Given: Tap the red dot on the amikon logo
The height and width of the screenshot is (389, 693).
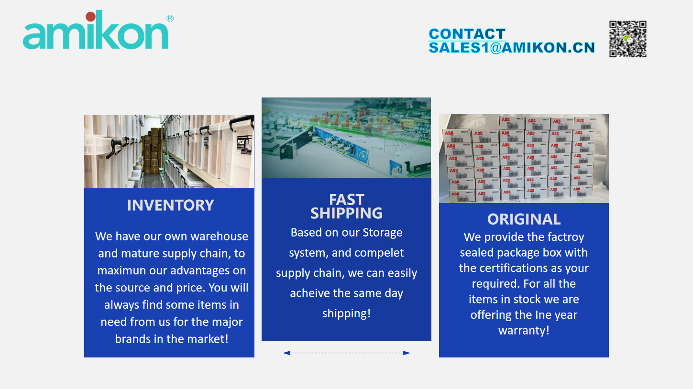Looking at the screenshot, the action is pyautogui.click(x=91, y=16).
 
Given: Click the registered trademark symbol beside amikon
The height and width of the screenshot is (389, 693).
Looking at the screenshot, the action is pyautogui.click(x=170, y=19).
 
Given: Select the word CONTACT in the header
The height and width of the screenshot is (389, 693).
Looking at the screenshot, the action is pyautogui.click(x=467, y=34).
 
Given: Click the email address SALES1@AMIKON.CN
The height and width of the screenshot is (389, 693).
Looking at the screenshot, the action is pyautogui.click(x=512, y=47).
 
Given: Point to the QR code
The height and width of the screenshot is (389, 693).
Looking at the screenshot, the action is pyautogui.click(x=628, y=39).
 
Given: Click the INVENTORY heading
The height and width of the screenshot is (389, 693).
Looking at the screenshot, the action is pyautogui.click(x=170, y=205).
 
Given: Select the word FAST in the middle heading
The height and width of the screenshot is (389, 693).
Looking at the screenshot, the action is pyautogui.click(x=346, y=200).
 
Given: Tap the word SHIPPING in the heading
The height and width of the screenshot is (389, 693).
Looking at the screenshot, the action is pyautogui.click(x=346, y=213).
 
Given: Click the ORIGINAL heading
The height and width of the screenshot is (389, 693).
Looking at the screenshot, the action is pyautogui.click(x=524, y=219).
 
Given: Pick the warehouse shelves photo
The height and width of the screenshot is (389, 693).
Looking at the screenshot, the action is pyautogui.click(x=169, y=151).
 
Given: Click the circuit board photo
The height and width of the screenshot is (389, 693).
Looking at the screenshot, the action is pyautogui.click(x=346, y=138).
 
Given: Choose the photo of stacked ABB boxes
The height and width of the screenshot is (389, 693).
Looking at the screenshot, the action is pyautogui.click(x=524, y=159).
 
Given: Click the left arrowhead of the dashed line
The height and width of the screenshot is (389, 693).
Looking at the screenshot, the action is pyautogui.click(x=286, y=353).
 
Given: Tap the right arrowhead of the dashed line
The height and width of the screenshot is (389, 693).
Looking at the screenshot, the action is pyautogui.click(x=407, y=353).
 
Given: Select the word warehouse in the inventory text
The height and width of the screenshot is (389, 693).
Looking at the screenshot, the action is pyautogui.click(x=220, y=236).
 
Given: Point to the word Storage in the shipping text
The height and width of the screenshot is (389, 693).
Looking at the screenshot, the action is pyautogui.click(x=383, y=233).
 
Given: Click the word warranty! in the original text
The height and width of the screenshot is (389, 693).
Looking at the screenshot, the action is pyautogui.click(x=524, y=331).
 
